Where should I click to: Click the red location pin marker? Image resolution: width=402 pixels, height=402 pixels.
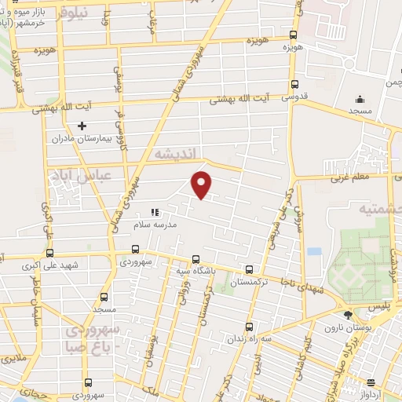pos(203,184)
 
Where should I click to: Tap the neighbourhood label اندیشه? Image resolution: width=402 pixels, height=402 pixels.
pos(179,152)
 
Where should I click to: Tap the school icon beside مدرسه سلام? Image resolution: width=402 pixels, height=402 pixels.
pos(155,212)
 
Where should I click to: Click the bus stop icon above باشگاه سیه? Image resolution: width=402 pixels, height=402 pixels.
pos(196,259)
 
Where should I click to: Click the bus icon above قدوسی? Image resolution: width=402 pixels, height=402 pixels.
pos(294,85)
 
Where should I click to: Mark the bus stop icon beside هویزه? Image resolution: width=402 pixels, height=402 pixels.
pos(293,35)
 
